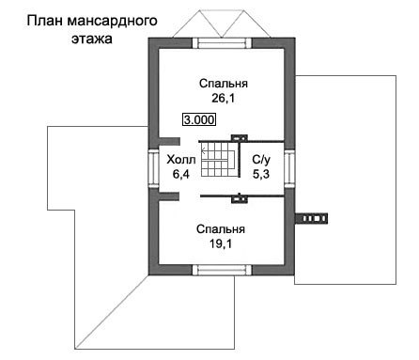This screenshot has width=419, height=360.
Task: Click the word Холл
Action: (181, 160)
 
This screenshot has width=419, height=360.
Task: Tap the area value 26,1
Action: (223, 99)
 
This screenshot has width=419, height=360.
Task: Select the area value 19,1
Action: (221, 243)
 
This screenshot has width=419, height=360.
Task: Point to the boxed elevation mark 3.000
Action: (199, 119)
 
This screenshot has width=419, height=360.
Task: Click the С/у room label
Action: (261, 160)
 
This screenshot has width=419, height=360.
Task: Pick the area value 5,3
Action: (261, 174)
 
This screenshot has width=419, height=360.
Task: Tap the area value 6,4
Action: (181, 174)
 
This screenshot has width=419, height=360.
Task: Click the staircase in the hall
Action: (219, 159)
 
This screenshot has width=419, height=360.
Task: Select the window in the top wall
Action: (223, 43)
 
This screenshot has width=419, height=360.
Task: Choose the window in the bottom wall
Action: (222, 270)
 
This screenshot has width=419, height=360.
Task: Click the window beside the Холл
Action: (153, 167)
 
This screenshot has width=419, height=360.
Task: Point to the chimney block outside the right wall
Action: (311, 219)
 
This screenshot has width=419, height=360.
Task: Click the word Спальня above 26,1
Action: (224, 84)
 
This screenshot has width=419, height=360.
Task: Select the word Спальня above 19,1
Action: (221, 229)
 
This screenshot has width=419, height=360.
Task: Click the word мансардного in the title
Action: (112, 22)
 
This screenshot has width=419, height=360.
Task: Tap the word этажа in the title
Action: (92, 39)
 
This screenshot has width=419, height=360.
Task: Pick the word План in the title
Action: (45, 21)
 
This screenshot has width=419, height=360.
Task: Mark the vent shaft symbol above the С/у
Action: (240, 137)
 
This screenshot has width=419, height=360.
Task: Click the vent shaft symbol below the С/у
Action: (240, 198)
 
